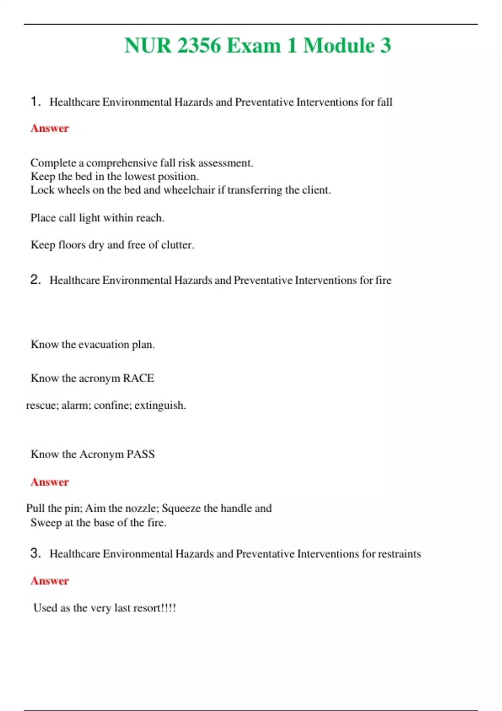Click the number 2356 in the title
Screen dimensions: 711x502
(x=199, y=45)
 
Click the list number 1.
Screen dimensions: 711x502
(x=35, y=101)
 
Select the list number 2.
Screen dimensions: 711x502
(x=35, y=279)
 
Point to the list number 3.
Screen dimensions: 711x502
(x=35, y=553)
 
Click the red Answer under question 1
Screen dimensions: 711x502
(x=49, y=128)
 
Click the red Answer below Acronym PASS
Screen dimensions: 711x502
(x=49, y=482)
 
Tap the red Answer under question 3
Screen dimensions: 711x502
(x=49, y=581)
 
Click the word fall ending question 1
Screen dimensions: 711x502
(x=384, y=102)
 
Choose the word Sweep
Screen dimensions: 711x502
(x=46, y=523)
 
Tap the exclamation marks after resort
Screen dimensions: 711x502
(x=169, y=608)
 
